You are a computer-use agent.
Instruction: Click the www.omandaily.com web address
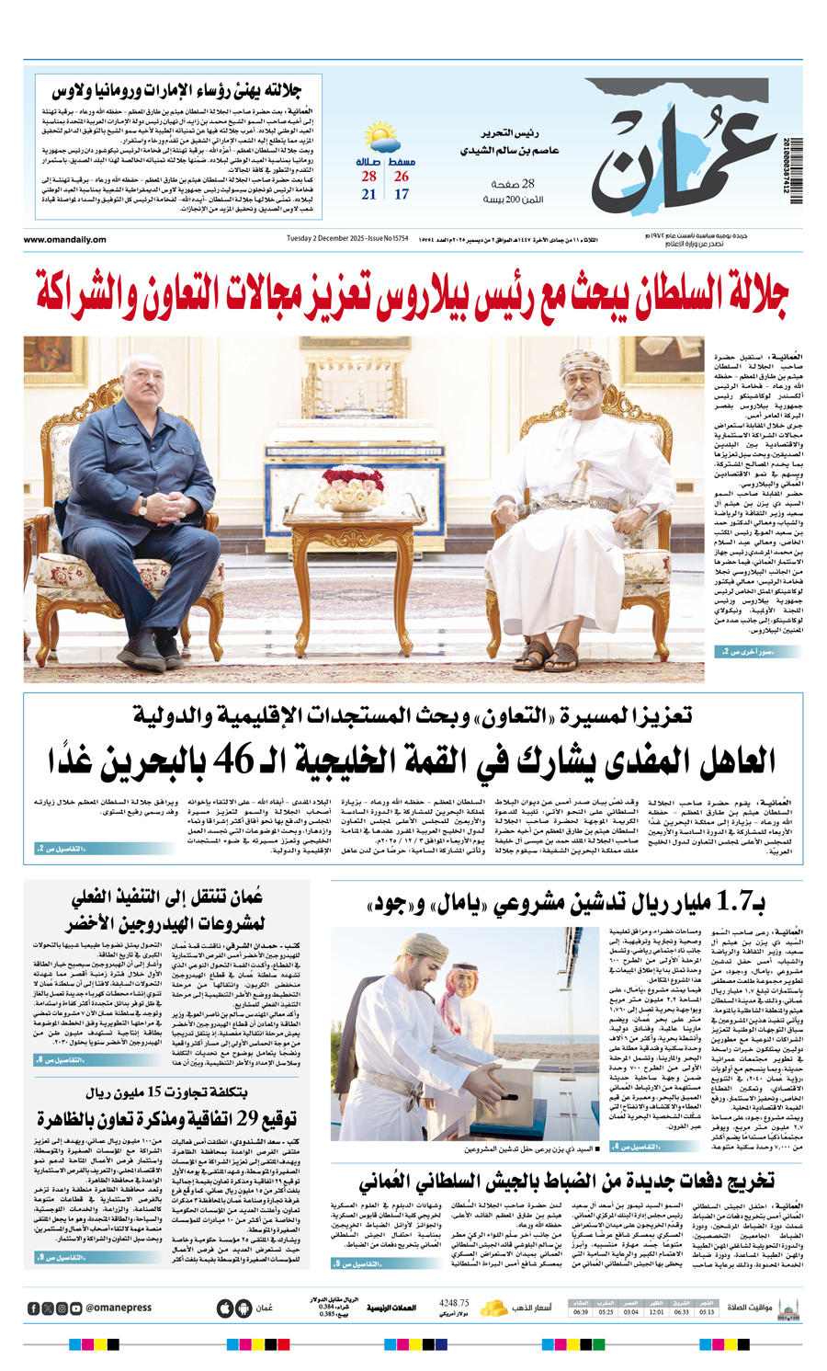(x=65, y=240)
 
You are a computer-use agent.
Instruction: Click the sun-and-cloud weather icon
(x=381, y=140)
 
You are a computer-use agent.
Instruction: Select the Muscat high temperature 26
(x=402, y=177)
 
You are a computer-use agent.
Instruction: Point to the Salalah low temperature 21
(x=368, y=195)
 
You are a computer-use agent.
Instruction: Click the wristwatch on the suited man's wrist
(x=143, y=504)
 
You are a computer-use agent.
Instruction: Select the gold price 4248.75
(x=455, y=1303)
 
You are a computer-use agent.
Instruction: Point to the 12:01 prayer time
(x=656, y=1312)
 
